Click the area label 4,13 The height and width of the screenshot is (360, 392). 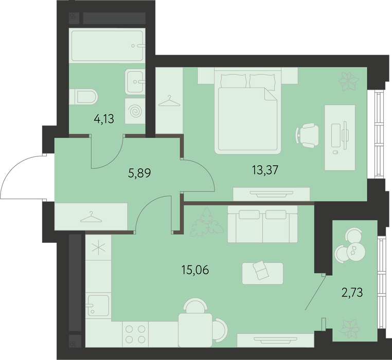104,119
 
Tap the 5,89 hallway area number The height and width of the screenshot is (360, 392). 139,173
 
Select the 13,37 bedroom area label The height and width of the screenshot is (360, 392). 265,170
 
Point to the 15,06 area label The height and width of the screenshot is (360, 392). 195,270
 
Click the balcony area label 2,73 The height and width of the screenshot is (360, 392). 352,292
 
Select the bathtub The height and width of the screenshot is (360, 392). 107,45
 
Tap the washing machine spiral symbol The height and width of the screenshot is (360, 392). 135,111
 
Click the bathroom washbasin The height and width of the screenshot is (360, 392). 135,81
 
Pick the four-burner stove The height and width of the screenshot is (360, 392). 135,334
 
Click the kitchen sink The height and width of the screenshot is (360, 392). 98,305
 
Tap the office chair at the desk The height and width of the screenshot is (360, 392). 307,135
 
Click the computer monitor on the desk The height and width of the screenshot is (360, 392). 345,135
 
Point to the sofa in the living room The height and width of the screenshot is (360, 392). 262,224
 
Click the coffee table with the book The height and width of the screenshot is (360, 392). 262,273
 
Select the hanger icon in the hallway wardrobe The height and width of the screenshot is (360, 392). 91,217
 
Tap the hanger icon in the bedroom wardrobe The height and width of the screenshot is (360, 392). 169,101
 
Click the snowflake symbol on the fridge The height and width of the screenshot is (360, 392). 98,247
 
